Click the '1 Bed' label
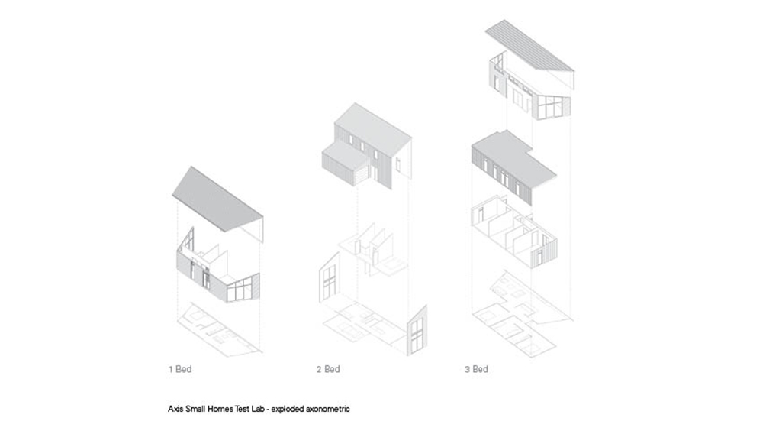point(180,369)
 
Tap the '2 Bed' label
point(328,369)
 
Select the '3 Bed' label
point(476,369)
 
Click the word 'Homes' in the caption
point(220,409)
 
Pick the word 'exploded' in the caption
point(287,409)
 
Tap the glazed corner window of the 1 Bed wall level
point(243,289)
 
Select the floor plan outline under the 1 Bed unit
point(219,330)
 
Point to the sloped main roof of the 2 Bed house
point(372,121)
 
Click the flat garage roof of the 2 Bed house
point(346,151)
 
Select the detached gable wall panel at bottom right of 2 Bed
point(417,329)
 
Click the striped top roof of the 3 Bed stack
point(529,46)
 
